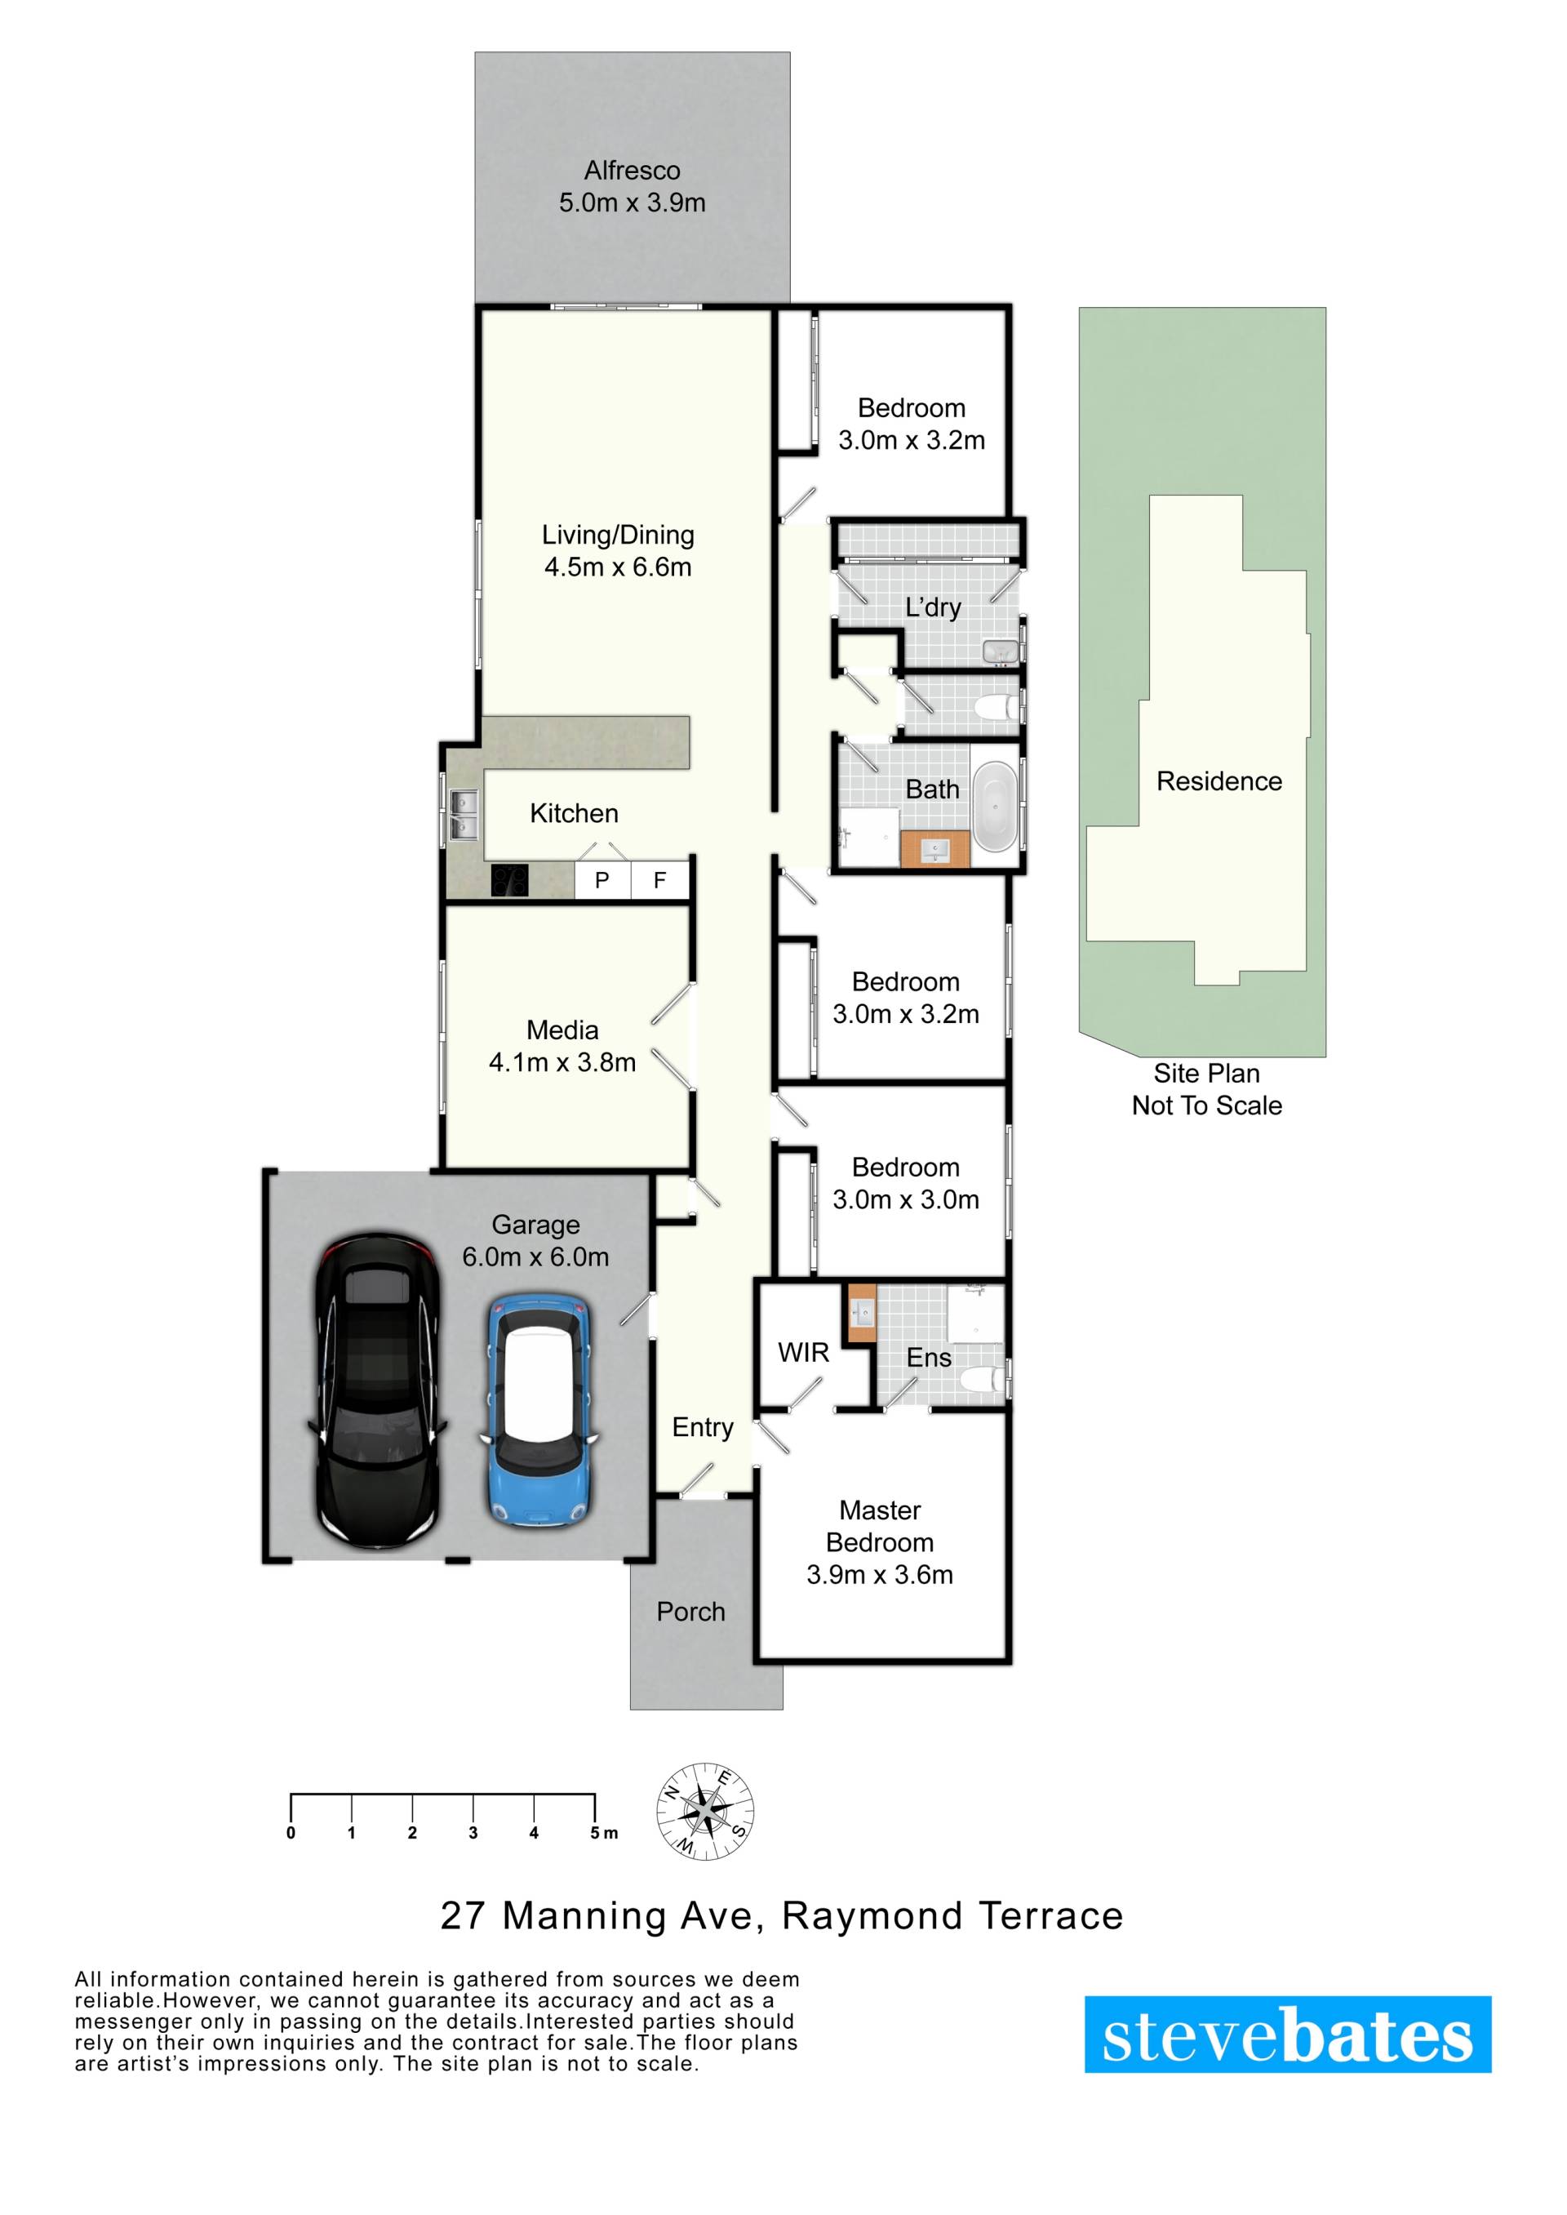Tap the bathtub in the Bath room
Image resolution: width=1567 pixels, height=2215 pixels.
point(993,807)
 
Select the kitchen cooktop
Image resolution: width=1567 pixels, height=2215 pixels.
point(509,880)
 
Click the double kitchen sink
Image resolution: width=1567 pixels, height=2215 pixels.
point(463,815)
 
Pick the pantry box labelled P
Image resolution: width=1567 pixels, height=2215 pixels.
point(602,879)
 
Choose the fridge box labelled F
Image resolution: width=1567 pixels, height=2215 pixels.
point(660,879)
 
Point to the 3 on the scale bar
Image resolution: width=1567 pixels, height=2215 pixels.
point(473,1833)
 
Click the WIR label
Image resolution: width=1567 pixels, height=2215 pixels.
point(804,1352)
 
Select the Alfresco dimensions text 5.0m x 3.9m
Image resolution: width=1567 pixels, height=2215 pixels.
point(632,202)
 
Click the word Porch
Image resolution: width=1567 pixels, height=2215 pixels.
point(691,1611)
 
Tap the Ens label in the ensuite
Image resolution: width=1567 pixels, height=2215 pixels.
point(930,1357)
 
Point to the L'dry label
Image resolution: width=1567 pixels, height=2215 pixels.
point(933,607)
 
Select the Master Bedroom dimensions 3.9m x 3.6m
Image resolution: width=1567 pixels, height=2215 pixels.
point(880,1574)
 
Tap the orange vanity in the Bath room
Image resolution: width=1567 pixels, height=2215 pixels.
point(936,850)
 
